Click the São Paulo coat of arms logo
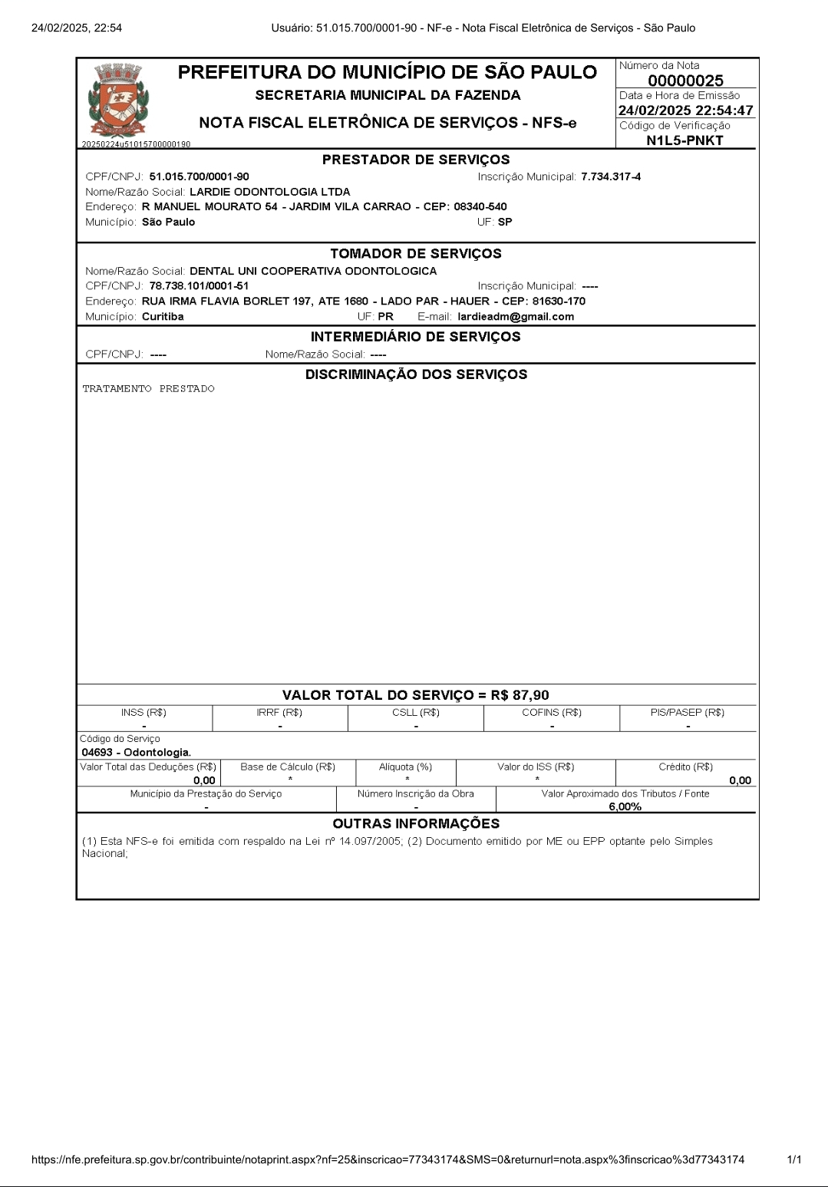click(118, 101)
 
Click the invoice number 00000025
click(685, 81)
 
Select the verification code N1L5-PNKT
click(685, 140)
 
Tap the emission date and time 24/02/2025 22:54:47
click(685, 110)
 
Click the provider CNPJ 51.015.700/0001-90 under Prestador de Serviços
click(199, 176)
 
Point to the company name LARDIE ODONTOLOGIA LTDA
click(269, 192)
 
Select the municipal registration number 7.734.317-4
click(611, 176)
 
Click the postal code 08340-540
click(480, 206)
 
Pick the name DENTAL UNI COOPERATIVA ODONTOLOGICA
click(313, 271)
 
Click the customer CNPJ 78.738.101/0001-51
click(199, 286)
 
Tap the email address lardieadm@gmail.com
click(516, 317)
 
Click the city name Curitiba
click(163, 317)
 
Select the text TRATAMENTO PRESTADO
click(149, 389)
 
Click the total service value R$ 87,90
click(520, 695)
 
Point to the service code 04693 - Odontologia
click(137, 753)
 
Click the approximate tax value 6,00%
click(625, 806)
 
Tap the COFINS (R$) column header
click(552, 713)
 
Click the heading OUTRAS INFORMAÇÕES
click(416, 823)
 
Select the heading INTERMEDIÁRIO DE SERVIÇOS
click(415, 337)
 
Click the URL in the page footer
click(388, 1159)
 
